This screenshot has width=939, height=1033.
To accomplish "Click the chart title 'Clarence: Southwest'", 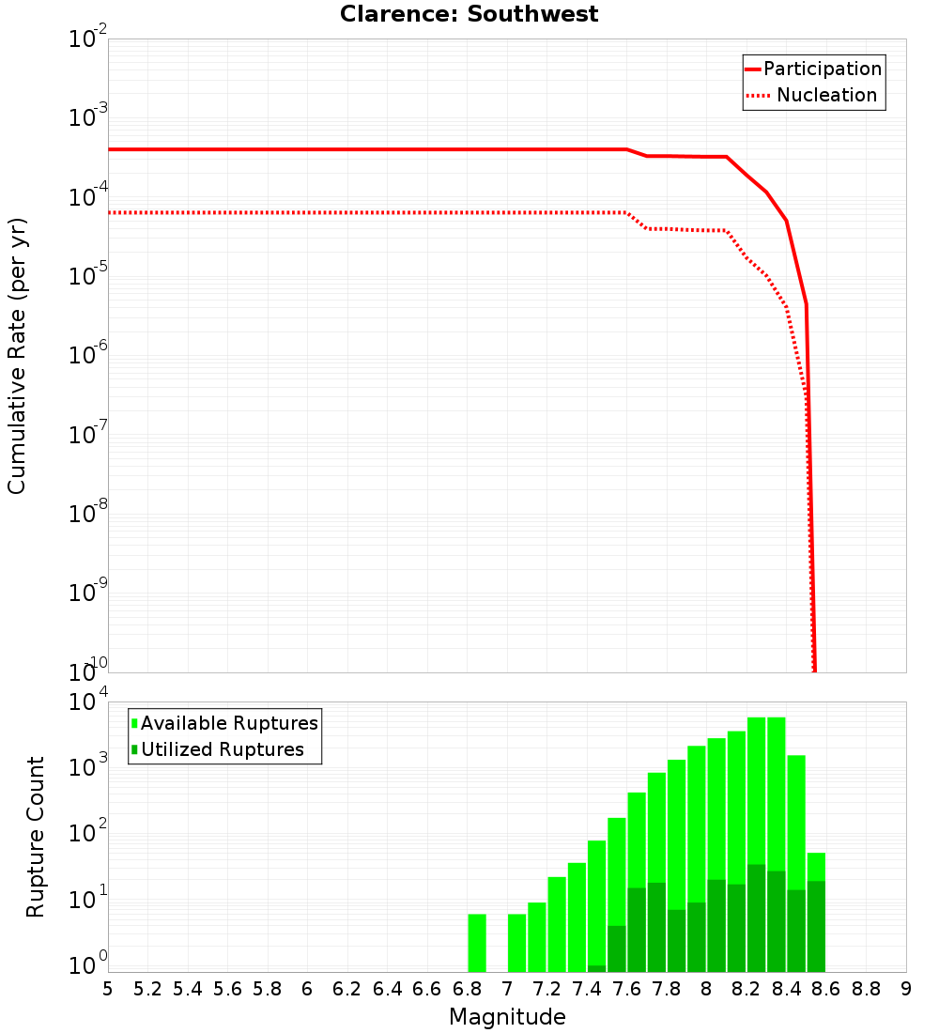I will tap(469, 14).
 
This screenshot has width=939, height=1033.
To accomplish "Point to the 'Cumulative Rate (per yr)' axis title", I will tap(17, 356).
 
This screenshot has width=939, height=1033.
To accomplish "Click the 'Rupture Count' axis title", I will tap(36, 836).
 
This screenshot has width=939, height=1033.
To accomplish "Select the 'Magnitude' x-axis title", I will tap(507, 1017).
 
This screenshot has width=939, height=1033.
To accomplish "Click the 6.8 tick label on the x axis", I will tap(467, 989).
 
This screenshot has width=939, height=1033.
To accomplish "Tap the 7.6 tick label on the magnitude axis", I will tap(626, 989).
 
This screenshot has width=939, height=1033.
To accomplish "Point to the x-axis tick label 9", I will tap(905, 989).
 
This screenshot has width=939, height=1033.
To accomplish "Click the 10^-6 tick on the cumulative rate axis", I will tap(88, 355).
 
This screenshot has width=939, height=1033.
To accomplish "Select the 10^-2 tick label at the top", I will tap(88, 39).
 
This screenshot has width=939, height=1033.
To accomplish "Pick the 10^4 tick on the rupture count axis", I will tap(90, 702).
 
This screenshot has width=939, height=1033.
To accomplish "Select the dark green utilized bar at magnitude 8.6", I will tap(816, 925).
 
